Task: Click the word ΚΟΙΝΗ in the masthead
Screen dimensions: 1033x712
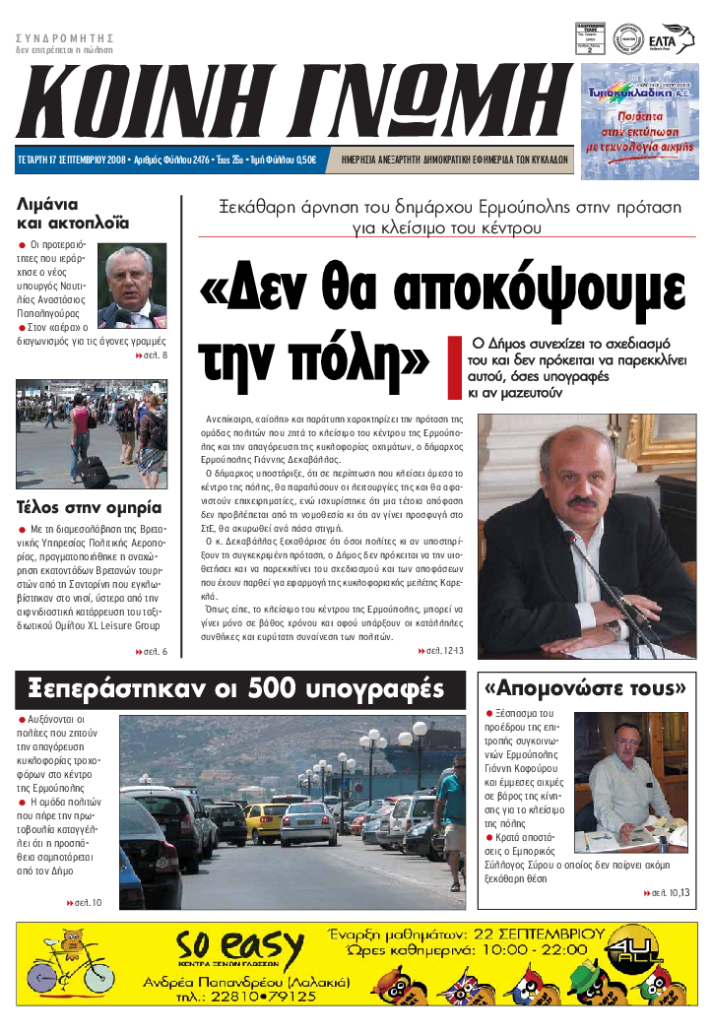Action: tap(148, 103)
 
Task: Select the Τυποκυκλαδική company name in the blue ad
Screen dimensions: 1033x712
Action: tap(627, 95)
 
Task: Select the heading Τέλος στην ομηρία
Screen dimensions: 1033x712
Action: tap(89, 509)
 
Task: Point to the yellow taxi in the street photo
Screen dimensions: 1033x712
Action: tap(266, 819)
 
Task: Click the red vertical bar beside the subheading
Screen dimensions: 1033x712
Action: tap(454, 367)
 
